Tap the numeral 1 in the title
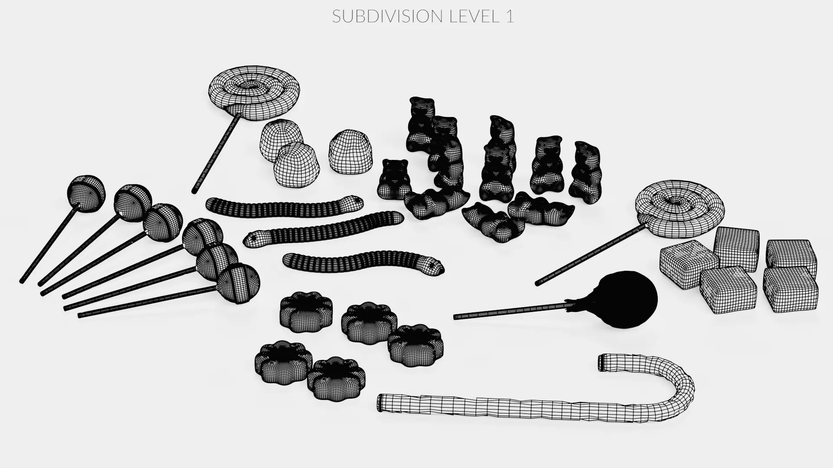[509, 16]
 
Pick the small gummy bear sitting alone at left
[394, 180]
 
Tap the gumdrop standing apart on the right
[351, 151]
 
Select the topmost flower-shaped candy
[306, 310]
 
